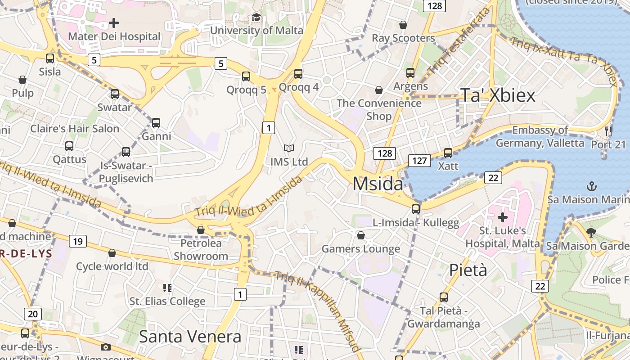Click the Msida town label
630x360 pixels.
click(378, 184)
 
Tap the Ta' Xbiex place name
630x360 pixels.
click(498, 95)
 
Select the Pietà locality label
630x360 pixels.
click(468, 270)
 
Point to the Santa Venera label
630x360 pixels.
click(190, 337)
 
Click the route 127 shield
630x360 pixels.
click(419, 160)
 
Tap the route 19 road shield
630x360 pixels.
click(78, 242)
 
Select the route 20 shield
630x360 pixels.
click(33, 314)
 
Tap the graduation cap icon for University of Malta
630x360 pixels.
click(256, 18)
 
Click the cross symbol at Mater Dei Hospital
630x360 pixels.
click(114, 22)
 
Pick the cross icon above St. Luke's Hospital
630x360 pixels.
click(502, 218)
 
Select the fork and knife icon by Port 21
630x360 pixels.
click(608, 131)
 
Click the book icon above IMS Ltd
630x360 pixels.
click(289, 148)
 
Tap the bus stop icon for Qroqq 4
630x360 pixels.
click(298, 73)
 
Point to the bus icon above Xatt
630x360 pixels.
click(448, 153)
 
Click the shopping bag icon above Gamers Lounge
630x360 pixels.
click(360, 235)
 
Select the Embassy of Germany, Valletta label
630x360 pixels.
click(540, 137)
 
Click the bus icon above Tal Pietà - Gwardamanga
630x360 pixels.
click(443, 297)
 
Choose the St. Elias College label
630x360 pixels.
click(167, 301)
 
